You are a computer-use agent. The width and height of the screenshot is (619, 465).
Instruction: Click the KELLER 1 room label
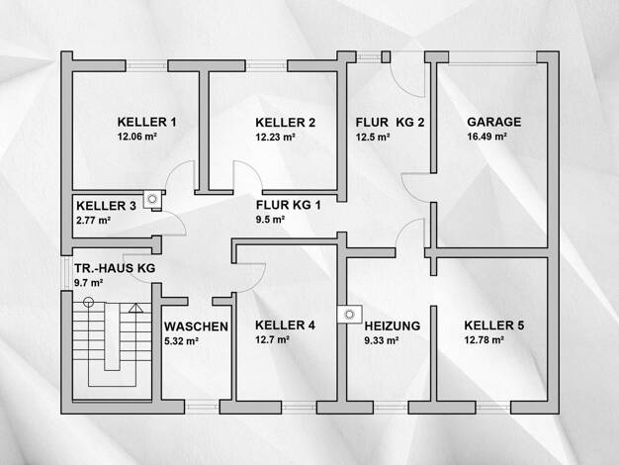[147, 122]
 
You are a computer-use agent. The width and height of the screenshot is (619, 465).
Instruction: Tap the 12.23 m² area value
[275, 137]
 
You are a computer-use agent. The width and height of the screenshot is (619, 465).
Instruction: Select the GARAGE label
[493, 122]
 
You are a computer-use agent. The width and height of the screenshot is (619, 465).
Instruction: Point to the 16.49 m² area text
[486, 137]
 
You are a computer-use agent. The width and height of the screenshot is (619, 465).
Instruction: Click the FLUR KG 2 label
[390, 122]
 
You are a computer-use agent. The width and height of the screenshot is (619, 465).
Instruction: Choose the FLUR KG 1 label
[288, 205]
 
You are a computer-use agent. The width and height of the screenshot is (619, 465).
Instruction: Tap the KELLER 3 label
[106, 206]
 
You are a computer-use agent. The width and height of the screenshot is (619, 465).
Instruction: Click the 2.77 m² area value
[93, 220]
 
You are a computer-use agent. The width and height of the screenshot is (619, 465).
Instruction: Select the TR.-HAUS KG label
[115, 268]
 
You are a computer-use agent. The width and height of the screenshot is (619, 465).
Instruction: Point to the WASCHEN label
[196, 326]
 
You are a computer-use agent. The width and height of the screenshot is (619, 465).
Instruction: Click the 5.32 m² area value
[181, 340]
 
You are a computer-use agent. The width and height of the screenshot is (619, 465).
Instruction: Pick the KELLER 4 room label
[285, 325]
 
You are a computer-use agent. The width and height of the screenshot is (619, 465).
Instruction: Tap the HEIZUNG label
[392, 325]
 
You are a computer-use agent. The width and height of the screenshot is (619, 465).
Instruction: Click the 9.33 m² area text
[381, 340]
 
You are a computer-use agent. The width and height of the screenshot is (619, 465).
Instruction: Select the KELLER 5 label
[494, 325]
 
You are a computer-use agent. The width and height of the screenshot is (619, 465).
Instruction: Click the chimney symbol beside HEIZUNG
[350, 315]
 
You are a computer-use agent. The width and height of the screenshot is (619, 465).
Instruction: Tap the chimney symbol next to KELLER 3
[152, 199]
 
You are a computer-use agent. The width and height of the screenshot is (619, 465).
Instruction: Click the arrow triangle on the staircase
[135, 308]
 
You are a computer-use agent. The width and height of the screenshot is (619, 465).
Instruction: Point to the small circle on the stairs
[89, 302]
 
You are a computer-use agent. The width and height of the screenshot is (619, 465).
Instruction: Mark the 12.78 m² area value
[484, 339]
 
